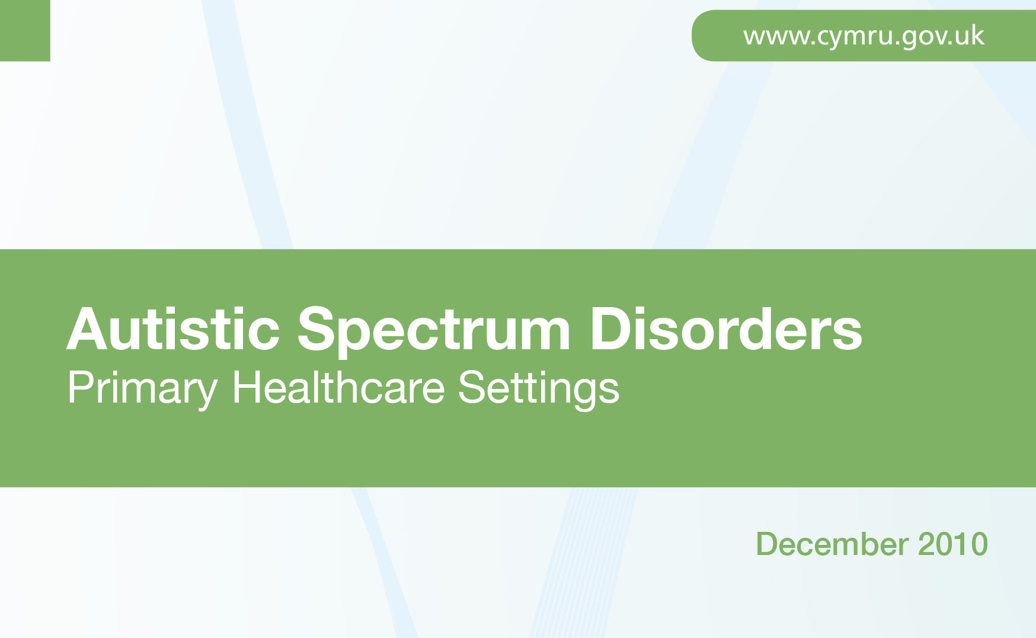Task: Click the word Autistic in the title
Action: (173, 329)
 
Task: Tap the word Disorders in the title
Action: (726, 329)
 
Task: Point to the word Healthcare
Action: (338, 387)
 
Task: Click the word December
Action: (832, 544)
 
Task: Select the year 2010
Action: (953, 544)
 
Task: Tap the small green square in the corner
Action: (25, 30)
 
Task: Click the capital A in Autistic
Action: (88, 329)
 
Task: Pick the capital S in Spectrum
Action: (316, 329)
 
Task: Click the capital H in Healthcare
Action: (247, 387)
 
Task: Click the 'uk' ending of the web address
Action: (970, 36)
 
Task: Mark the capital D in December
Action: (768, 544)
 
